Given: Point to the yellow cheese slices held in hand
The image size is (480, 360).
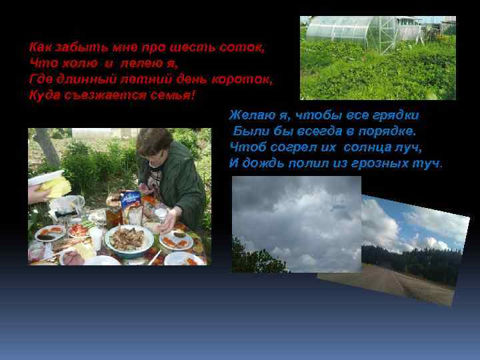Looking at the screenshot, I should point(57,186).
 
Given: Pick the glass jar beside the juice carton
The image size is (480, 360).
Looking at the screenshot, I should point(114,213).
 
